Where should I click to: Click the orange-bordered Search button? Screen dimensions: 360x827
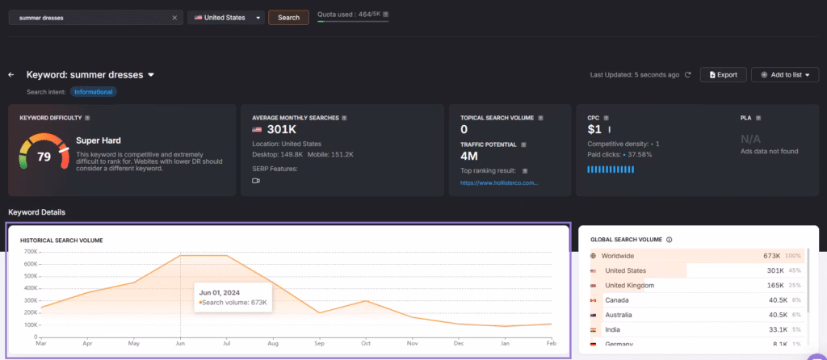(x=288, y=17)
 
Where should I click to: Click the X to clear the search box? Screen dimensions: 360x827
(x=174, y=17)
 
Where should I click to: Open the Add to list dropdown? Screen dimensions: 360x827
(x=785, y=74)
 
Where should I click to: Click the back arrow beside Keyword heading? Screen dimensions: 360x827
(x=11, y=75)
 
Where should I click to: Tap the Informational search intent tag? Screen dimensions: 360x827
(x=94, y=91)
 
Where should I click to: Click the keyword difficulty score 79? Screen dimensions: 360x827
(x=44, y=156)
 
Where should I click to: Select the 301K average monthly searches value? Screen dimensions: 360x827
(x=282, y=129)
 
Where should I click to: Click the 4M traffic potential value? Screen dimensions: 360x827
(x=470, y=156)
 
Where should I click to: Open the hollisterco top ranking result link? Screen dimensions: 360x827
(x=498, y=182)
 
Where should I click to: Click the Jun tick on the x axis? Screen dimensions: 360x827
(x=179, y=342)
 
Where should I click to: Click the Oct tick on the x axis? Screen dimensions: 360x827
(x=365, y=342)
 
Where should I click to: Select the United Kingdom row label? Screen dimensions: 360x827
(x=629, y=285)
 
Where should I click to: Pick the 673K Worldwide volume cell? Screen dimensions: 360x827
(x=771, y=256)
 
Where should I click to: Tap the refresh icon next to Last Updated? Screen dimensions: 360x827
(x=688, y=74)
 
